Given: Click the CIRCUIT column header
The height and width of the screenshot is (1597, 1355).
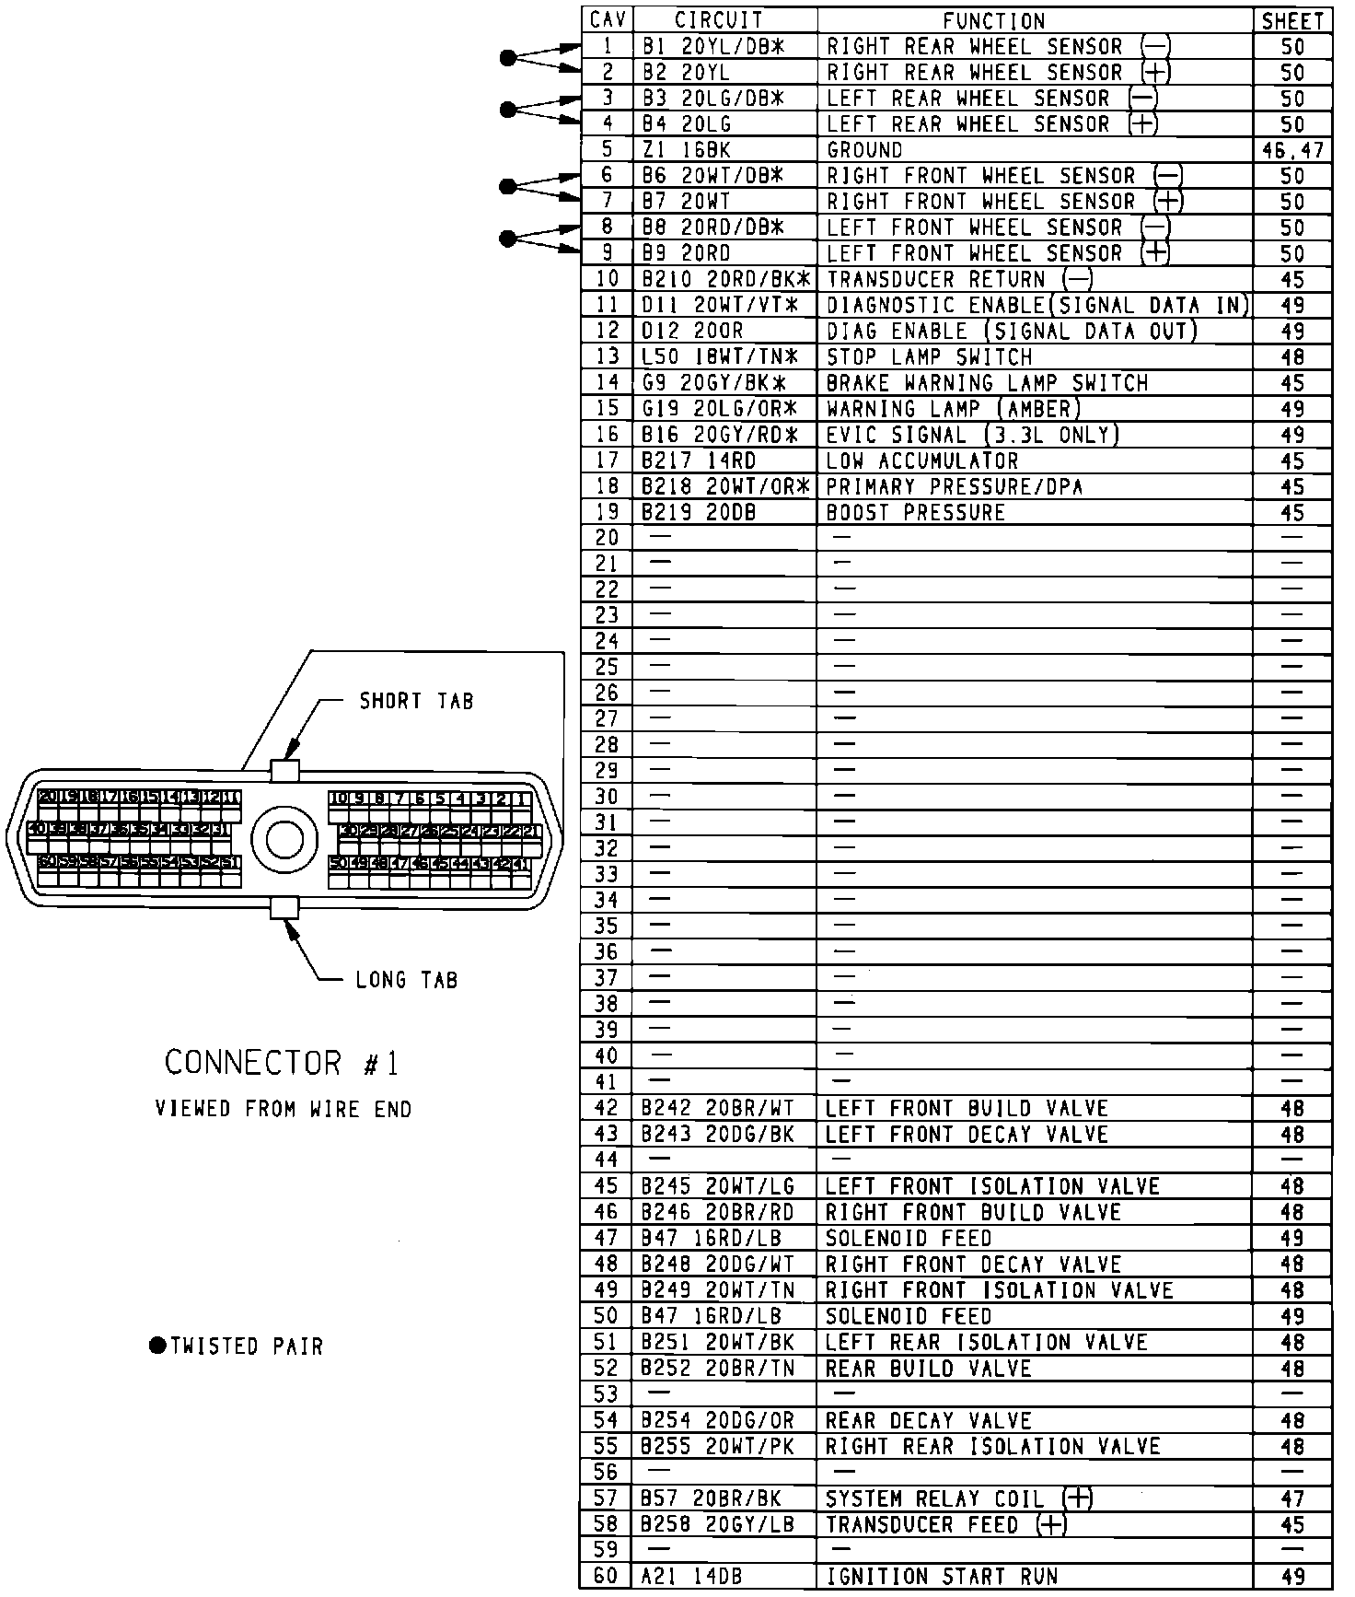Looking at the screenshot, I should click(x=718, y=20).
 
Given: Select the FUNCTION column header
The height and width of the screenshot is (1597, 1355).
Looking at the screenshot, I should click(x=994, y=20).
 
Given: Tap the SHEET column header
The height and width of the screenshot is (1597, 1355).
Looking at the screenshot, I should click(x=1292, y=20).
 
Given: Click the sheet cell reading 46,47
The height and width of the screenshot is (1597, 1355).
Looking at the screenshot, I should click(x=1292, y=149).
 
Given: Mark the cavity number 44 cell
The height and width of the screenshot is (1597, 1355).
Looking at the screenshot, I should click(x=607, y=1160).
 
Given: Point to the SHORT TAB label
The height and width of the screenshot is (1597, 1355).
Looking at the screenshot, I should click(x=416, y=702).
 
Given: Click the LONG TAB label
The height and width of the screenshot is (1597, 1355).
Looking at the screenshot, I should click(x=406, y=980).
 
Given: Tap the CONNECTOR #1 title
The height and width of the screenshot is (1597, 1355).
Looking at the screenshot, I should click(x=282, y=1064).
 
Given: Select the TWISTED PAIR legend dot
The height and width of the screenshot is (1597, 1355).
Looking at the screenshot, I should click(x=157, y=1346).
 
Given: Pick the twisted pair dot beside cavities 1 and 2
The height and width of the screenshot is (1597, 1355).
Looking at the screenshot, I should click(x=507, y=58).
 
